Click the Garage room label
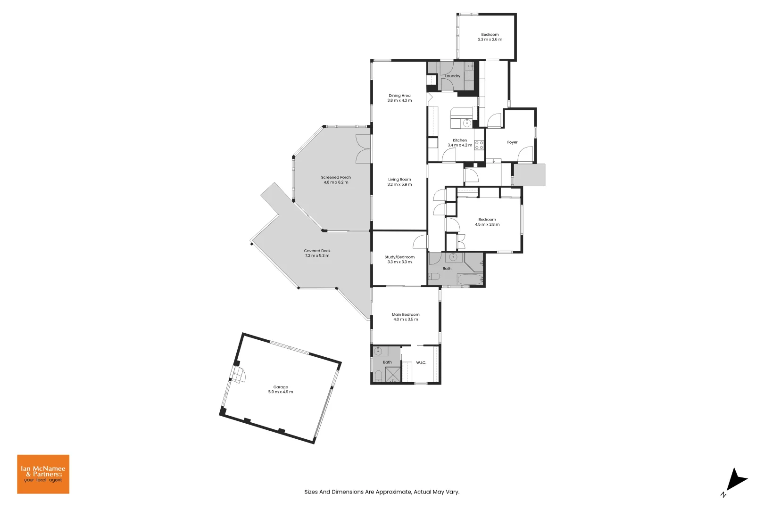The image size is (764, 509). point(281,387)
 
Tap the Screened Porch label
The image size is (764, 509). point(336,177)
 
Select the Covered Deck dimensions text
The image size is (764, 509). point(317,256)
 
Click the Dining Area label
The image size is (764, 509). point(399,95)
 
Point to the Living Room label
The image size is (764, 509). point(399,179)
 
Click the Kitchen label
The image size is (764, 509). point(460,140)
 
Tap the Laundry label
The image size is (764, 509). point(453,76)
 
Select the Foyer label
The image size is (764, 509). point(512,142)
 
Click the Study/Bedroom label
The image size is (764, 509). point(399,257)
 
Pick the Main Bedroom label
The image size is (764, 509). point(406,314)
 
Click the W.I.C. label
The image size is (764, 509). point(421,362)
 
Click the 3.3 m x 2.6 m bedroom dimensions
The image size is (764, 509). point(490,40)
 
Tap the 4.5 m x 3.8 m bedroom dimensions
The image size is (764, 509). point(487,225)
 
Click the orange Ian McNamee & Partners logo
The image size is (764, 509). point(43,474)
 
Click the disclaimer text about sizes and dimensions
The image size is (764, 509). point(382,492)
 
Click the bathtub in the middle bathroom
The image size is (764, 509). point(470,279)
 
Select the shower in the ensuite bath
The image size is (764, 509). point(392,374)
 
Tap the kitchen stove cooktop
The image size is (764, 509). point(479,145)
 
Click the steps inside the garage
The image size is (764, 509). point(238,376)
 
